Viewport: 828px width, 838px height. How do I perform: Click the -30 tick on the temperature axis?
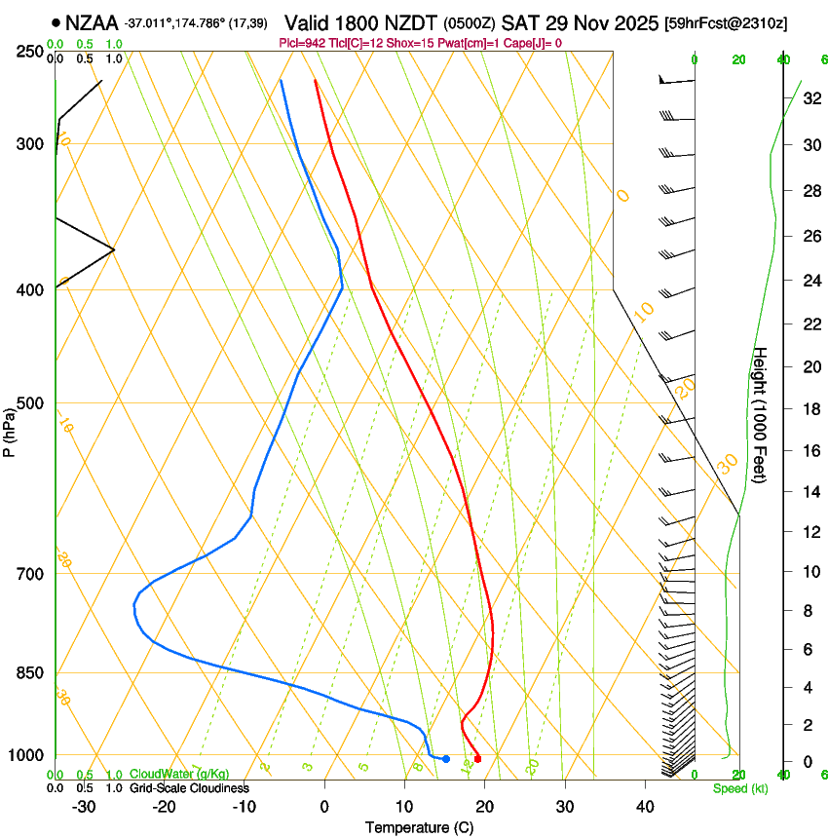click(x=84, y=806)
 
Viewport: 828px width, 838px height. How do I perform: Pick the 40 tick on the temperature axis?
click(x=645, y=806)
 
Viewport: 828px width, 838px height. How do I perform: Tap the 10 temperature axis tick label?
click(x=404, y=806)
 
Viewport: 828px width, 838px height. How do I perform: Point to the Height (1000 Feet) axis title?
click(x=761, y=415)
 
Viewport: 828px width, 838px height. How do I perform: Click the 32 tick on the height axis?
click(x=812, y=98)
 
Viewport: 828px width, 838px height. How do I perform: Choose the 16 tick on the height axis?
click(x=812, y=451)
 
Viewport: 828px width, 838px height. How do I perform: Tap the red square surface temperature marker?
click(x=477, y=758)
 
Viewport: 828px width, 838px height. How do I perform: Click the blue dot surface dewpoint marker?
click(x=446, y=758)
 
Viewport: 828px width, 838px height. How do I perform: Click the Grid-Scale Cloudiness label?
click(x=189, y=788)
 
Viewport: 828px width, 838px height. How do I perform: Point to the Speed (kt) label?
click(x=739, y=788)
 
